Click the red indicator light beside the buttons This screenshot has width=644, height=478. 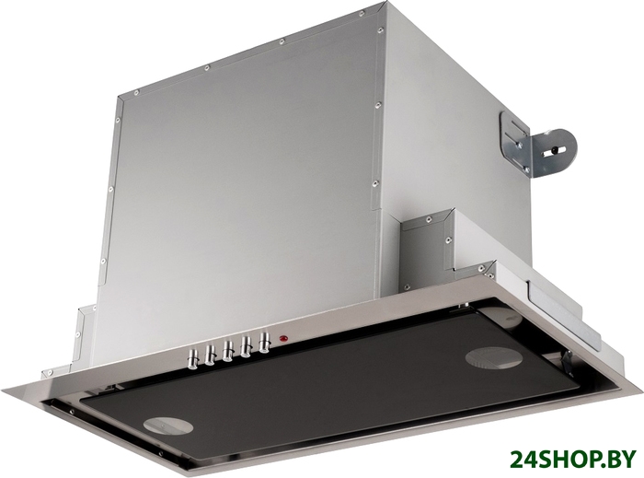coord(283,339)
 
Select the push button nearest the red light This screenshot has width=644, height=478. coord(265,342)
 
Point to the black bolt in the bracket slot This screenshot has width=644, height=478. coord(555,150)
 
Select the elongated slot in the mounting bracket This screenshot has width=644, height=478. coord(555,151)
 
